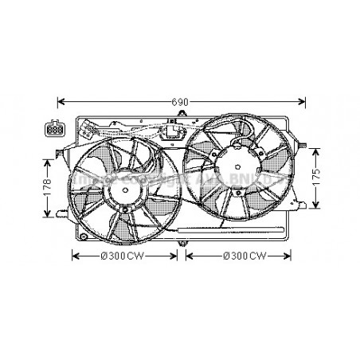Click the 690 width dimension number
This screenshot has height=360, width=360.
point(182,103)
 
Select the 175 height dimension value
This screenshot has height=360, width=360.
point(317,175)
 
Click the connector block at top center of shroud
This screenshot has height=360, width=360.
point(170,132)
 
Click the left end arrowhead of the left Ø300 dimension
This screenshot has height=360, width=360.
point(75,255)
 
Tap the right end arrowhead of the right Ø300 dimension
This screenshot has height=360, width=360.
point(292,255)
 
